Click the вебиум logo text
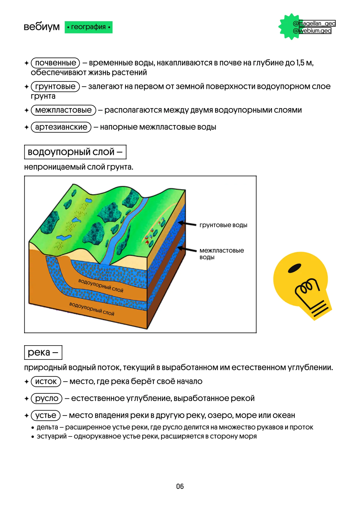[x=42, y=27]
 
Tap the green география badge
[x=89, y=27]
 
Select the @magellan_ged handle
[x=314, y=23]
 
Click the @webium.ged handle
[x=312, y=31]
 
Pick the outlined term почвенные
[x=55, y=63]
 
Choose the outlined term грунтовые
[x=55, y=86]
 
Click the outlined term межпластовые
[x=63, y=110]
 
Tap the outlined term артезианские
[x=61, y=127]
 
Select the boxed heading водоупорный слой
[x=75, y=152]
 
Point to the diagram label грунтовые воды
[x=223, y=225]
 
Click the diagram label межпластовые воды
[x=222, y=253]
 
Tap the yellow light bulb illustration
[x=302, y=285]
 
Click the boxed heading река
[x=43, y=352]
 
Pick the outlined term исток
[x=46, y=381]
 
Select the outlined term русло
[x=46, y=398]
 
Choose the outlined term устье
[x=46, y=415]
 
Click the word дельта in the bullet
[x=47, y=427]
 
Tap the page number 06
[x=180, y=486]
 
